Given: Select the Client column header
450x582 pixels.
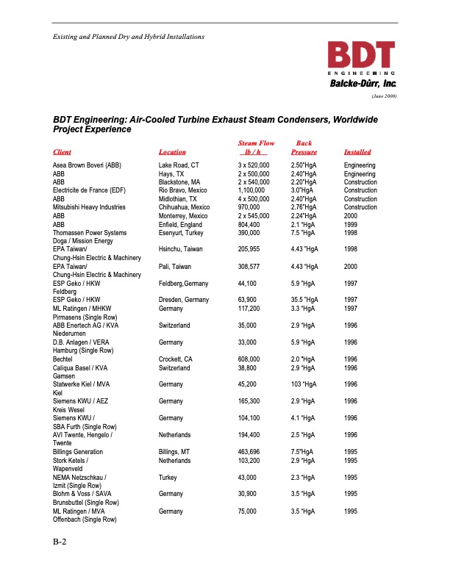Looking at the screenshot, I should coord(62,152).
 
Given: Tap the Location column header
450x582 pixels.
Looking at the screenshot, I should coord(172,152).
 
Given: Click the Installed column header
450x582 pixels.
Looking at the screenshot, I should coord(357,152).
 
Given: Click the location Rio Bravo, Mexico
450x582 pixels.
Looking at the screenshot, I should coord(183,191).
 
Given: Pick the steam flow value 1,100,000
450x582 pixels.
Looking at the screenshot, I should coord(252,191).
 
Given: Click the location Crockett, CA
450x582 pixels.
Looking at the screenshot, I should coord(178,359).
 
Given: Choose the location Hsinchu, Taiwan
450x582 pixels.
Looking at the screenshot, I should coord(180,249).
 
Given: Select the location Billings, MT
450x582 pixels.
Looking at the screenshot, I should coord(176,451).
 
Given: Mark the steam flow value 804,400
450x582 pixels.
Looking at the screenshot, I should coord(249,224).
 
